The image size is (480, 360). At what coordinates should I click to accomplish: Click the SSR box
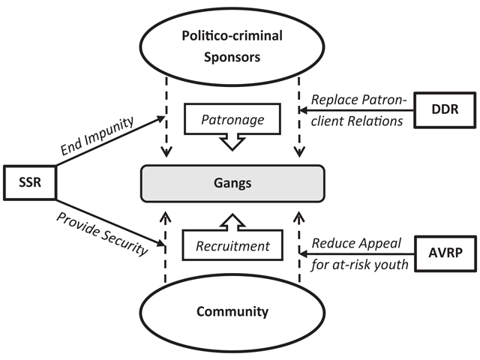[30, 183]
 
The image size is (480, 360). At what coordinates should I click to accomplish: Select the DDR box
[445, 110]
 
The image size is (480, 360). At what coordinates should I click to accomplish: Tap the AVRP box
[445, 253]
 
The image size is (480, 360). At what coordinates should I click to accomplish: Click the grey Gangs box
[232, 183]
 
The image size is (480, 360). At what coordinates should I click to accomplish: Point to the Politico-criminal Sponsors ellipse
[232, 46]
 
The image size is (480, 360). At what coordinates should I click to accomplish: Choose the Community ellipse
[232, 312]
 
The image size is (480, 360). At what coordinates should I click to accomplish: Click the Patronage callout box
[232, 119]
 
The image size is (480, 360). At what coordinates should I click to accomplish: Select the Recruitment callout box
[232, 245]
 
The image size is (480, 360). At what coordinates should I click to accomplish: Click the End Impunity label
[97, 136]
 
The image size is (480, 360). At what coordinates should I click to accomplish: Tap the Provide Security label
[102, 233]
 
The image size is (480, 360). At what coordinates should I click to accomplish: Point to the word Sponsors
[232, 58]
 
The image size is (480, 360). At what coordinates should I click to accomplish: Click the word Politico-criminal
[232, 36]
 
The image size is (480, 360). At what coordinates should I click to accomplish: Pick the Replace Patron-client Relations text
[358, 110]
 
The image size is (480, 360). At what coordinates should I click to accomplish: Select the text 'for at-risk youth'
[360, 265]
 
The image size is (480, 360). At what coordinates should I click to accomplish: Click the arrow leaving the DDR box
[356, 110]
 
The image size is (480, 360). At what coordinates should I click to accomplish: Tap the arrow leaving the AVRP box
[357, 253]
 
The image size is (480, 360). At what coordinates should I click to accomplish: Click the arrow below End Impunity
[110, 141]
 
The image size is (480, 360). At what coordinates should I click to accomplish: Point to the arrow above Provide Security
[111, 223]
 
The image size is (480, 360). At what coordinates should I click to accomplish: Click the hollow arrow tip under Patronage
[232, 144]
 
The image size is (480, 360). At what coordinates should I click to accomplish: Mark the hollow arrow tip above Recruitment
[232, 220]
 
